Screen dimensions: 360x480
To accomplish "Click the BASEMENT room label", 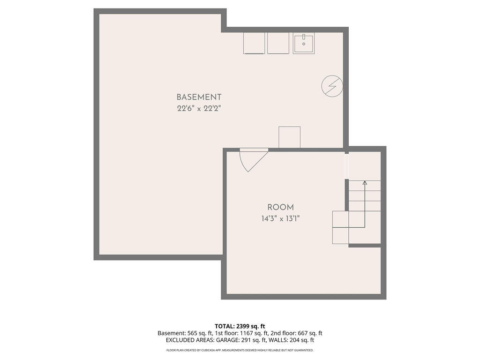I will point(199,97).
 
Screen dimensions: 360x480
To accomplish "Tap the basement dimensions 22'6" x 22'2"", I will point(199,108).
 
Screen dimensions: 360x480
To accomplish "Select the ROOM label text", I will point(281,207).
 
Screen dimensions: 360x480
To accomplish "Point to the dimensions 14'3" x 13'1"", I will point(281,218).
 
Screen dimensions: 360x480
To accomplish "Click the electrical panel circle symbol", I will point(332,86).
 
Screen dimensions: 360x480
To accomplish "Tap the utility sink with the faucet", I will point(304,43).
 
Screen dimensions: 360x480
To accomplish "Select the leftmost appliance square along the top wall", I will point(254,43).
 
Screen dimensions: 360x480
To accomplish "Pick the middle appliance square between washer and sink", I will point(278,43).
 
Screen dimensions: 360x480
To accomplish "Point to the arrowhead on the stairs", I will point(365,182).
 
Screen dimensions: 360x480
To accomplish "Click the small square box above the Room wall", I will point(289,137).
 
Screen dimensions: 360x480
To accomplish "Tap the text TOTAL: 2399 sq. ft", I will point(240,326).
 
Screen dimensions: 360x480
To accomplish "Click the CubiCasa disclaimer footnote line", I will point(240,350).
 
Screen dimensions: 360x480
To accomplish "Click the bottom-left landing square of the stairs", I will point(340,235).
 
